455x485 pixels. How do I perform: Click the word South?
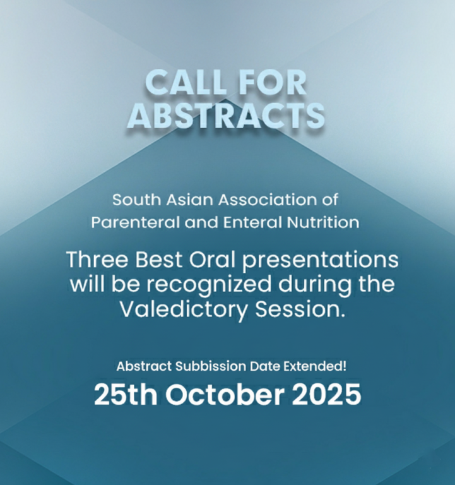pyautogui.click(x=131, y=200)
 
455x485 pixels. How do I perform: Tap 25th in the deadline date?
pyautogui.click(x=127, y=395)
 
